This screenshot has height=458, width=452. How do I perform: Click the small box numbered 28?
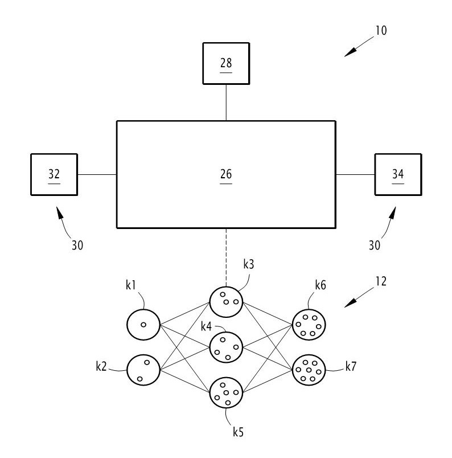pos(226,63)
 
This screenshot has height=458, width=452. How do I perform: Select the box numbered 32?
pos(54,174)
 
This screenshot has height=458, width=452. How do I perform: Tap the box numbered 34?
pos(397,174)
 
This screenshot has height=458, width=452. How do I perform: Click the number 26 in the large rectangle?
pos(226,174)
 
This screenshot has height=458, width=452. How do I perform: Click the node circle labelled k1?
pos(143,324)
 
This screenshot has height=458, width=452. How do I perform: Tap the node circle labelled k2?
pos(143,369)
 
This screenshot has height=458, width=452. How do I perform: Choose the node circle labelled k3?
pos(226,302)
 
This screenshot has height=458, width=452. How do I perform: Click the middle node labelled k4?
pos(226,347)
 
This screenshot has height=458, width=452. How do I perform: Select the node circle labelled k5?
pos(226,393)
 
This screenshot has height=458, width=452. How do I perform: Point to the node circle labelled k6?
pos(309,324)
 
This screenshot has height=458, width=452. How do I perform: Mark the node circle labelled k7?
pos(309,370)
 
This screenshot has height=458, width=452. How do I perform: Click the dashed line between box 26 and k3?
pos(226,256)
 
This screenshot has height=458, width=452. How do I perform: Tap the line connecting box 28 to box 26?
pos(226,103)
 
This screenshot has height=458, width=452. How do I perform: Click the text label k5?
pos(239,431)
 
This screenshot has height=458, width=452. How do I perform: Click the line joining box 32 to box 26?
pos(97,174)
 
